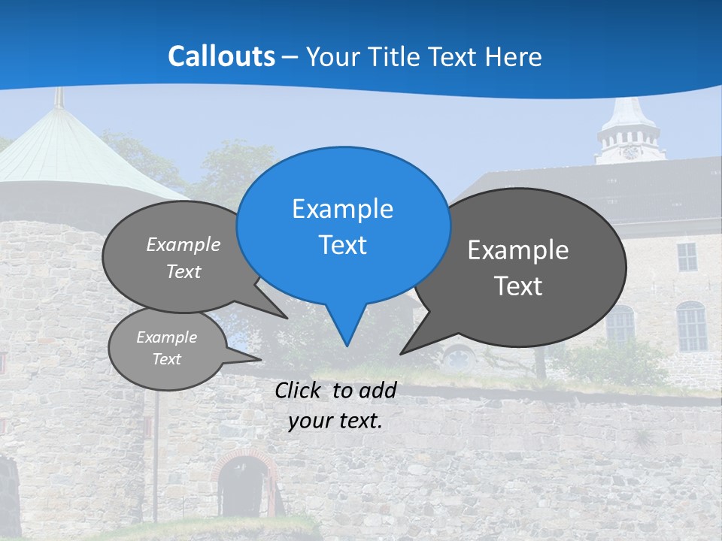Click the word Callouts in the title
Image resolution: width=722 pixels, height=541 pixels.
[221, 56]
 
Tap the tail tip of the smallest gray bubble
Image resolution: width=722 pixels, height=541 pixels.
[261, 359]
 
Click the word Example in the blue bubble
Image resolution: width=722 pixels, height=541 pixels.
[343, 209]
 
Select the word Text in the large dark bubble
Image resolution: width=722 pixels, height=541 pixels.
[519, 286]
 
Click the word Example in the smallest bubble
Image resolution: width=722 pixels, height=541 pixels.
[167, 338]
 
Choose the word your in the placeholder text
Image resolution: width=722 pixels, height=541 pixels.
[311, 421]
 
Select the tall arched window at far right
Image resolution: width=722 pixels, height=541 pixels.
[691, 326]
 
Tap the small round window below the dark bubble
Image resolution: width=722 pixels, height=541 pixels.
[458, 357]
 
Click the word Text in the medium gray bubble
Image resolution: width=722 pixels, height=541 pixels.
[184, 271]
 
